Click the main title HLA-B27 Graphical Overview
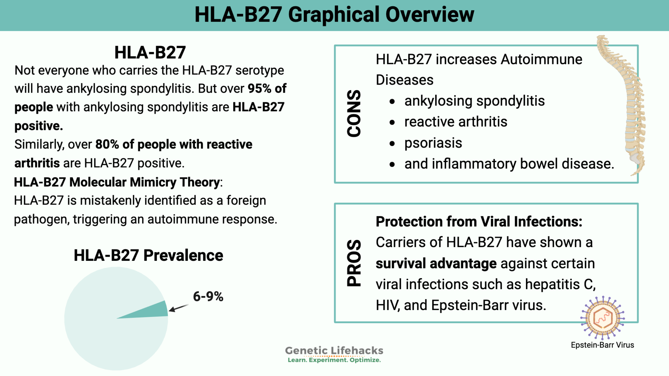[334, 15]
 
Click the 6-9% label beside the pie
[208, 296]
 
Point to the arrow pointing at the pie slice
[179, 308]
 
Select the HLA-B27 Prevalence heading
[148, 255]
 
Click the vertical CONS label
[354, 113]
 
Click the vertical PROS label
[354, 263]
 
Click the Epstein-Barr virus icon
[603, 318]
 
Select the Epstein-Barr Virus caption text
[602, 345]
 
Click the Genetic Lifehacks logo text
[334, 351]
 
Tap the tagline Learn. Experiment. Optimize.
[334, 360]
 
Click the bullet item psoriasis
[433, 143]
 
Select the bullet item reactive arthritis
[456, 122]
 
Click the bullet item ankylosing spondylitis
[474, 101]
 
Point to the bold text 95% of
[267, 88]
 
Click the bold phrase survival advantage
[436, 263]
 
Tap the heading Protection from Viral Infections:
[479, 222]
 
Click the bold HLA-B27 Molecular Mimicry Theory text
[117, 182]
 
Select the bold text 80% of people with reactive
[174, 144]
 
